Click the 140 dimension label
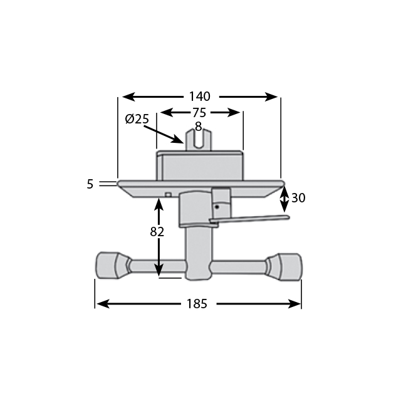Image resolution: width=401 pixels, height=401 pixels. click(199, 96)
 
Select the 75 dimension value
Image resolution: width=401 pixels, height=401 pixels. click(199, 113)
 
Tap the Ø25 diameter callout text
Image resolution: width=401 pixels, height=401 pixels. click(137, 119)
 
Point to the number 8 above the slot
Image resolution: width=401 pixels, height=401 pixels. click(198, 126)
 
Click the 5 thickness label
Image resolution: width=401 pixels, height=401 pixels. click(90, 184)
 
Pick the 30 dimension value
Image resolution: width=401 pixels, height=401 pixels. click(298, 198)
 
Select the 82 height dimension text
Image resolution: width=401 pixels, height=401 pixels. click(157, 231)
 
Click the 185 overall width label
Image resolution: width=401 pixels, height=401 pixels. click(197, 304)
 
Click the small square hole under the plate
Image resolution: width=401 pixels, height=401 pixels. click(168, 195)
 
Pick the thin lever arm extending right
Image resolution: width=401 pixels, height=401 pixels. click(257, 218)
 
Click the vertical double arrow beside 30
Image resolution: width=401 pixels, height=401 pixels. click(284, 199)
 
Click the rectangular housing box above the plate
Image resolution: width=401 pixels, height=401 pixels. click(199, 166)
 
